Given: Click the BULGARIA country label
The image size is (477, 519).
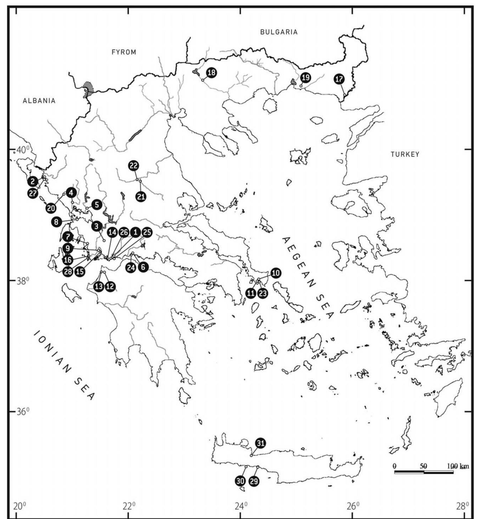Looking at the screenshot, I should [279, 32].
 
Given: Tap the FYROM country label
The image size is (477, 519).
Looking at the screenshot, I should [124, 52].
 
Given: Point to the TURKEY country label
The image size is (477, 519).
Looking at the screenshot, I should [405, 154].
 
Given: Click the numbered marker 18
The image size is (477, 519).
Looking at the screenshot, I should [211, 73].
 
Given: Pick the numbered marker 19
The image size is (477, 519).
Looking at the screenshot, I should [306, 78].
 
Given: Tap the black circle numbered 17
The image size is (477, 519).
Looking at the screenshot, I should [339, 79].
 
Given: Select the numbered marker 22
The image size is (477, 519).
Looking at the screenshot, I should [134, 166].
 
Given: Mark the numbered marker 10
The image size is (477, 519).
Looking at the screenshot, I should [276, 273].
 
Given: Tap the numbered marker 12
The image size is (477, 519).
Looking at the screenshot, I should [110, 287].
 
